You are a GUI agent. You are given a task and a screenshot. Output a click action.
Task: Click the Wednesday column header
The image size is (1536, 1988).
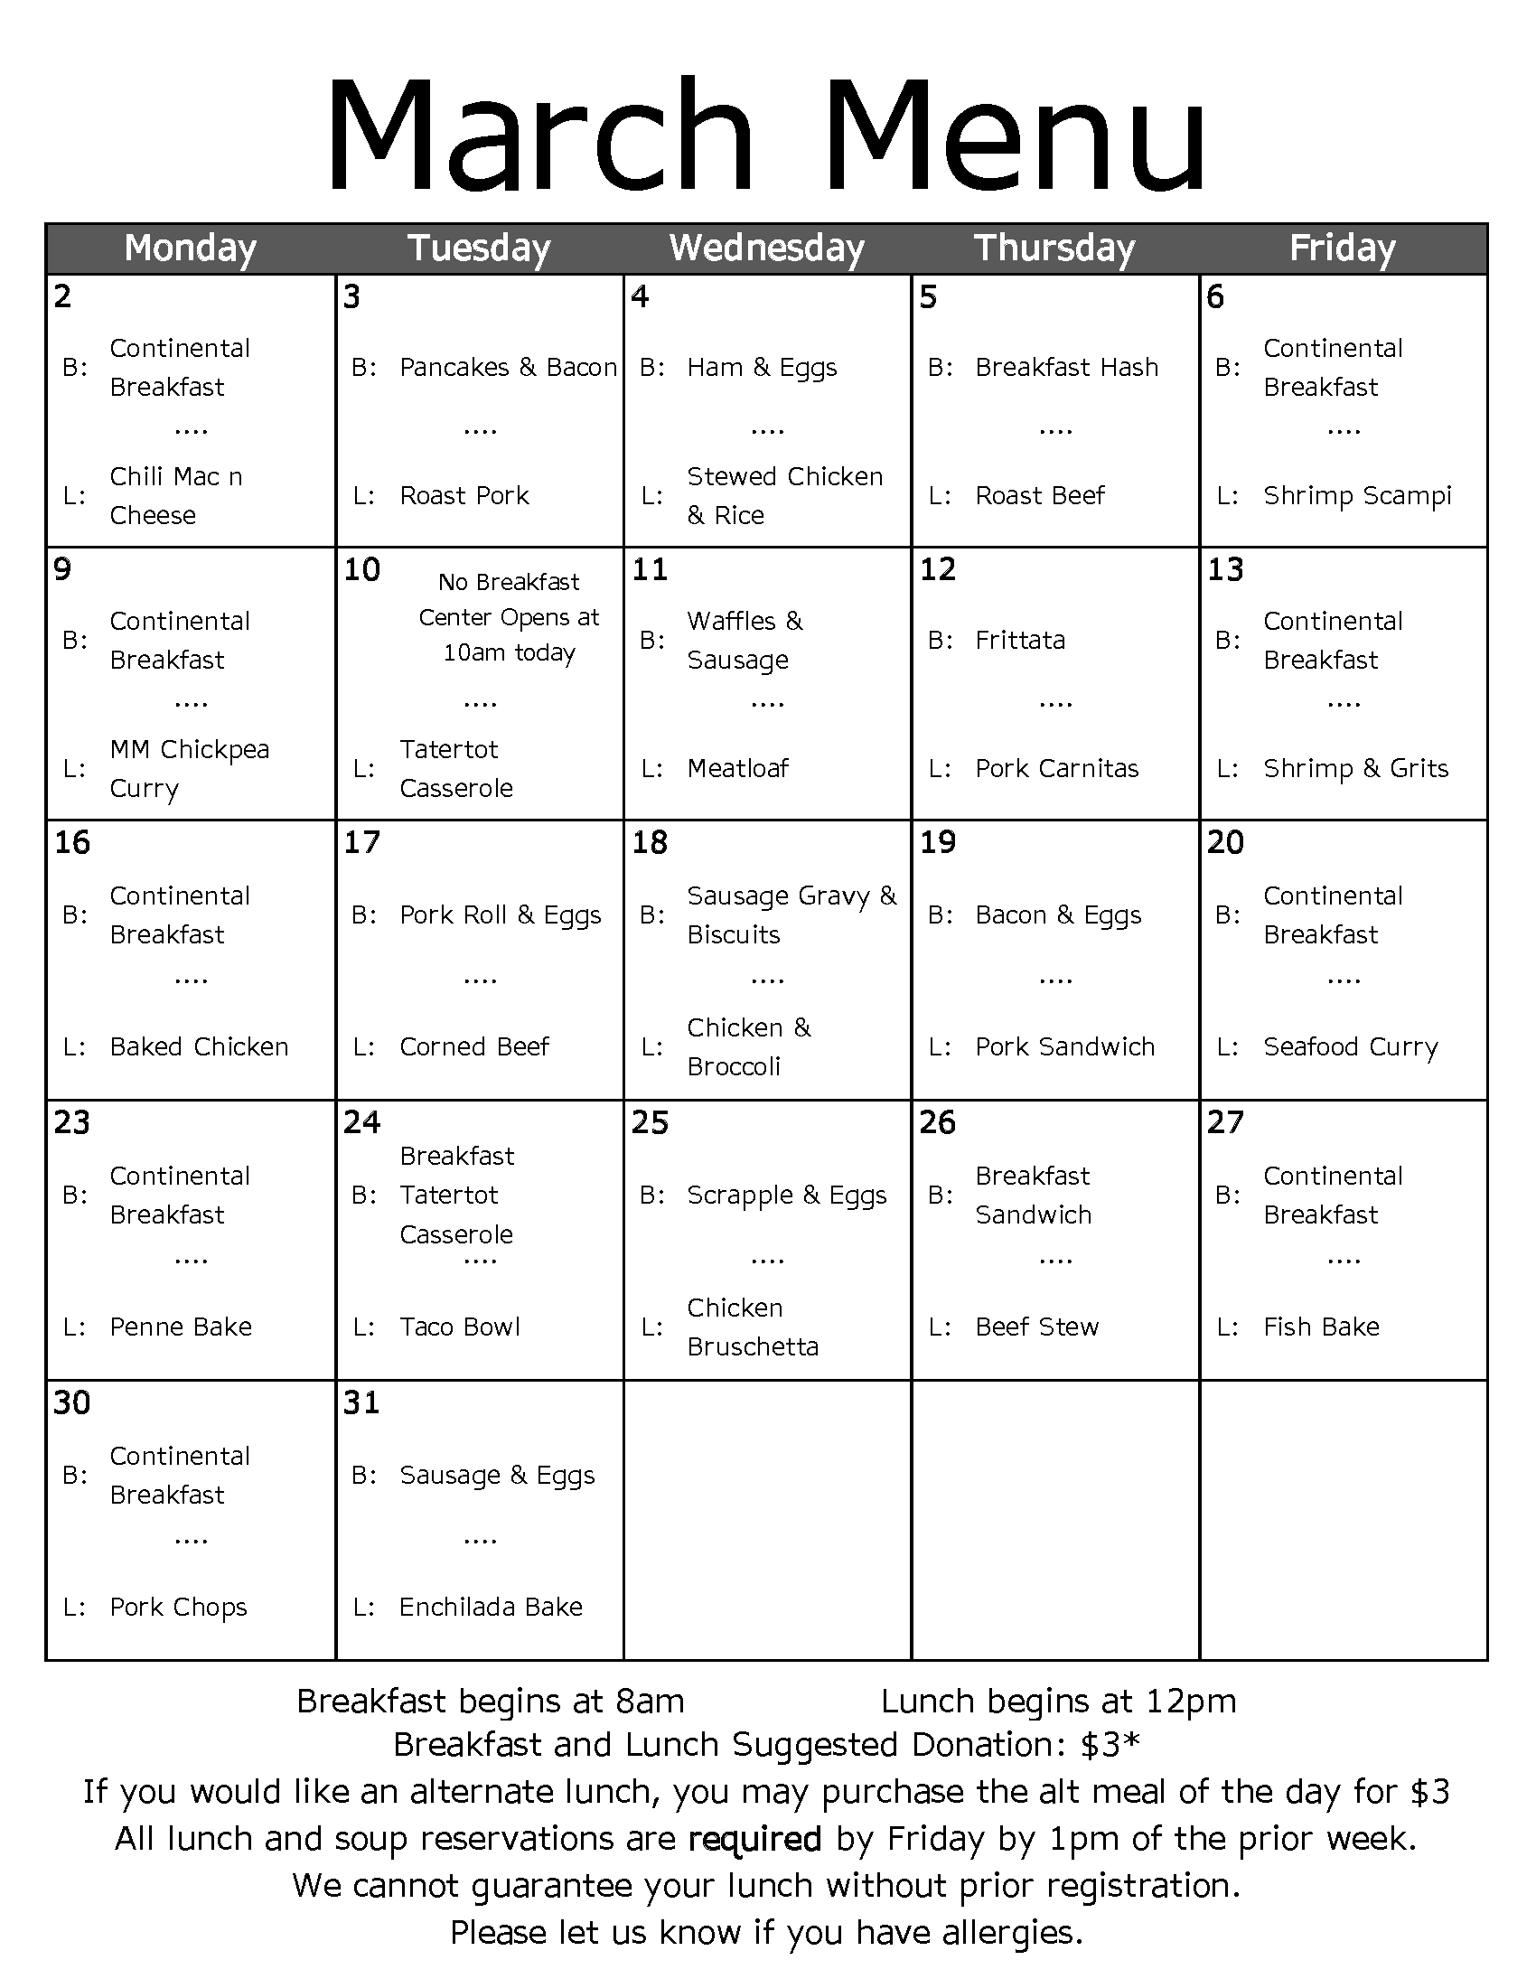766,248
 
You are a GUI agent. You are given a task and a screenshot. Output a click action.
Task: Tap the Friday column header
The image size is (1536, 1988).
1342,248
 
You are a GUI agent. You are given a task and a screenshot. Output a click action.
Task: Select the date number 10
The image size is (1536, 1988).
361,570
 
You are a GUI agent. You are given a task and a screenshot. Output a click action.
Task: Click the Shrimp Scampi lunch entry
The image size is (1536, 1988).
1357,496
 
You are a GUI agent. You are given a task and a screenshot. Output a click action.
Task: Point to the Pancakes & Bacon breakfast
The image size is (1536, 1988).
508,368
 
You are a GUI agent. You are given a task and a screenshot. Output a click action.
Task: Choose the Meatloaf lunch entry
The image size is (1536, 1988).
737,769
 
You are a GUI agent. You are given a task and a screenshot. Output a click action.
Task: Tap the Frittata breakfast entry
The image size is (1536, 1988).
1019,641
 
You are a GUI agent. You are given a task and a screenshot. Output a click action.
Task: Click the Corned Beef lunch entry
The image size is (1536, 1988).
474,1046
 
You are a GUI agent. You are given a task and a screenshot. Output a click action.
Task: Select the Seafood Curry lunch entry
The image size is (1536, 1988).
1351,1046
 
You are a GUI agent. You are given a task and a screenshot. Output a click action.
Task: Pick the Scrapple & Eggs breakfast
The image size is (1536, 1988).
786,1196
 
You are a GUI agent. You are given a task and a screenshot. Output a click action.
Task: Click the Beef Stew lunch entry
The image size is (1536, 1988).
1036,1327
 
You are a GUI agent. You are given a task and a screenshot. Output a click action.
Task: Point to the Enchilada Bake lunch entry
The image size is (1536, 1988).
491,1608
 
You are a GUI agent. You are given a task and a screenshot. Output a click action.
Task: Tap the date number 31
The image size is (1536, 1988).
361,1402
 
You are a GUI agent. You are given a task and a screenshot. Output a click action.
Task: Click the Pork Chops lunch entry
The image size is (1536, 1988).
178,1608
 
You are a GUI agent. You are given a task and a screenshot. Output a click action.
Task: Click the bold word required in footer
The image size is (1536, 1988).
754,1840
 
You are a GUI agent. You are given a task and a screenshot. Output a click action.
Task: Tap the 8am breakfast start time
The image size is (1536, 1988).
650,1702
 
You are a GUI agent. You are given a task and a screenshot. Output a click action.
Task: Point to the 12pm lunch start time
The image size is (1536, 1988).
1191,1702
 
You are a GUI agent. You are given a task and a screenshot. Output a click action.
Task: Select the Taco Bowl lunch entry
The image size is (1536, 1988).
460,1327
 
